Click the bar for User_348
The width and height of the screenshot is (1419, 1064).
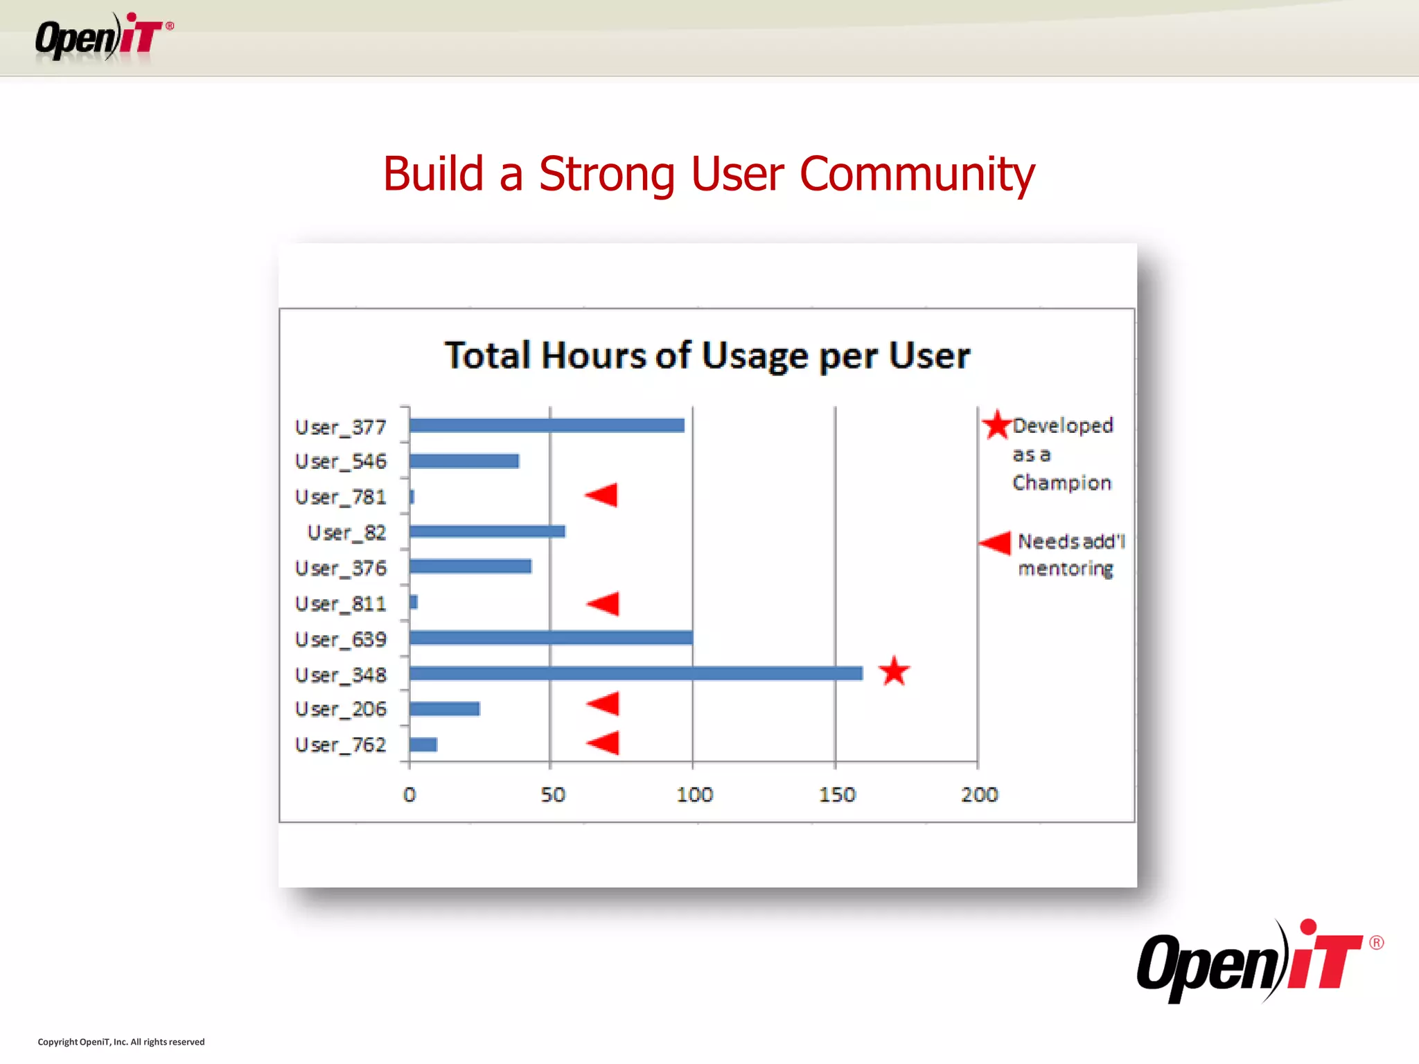coord(635,673)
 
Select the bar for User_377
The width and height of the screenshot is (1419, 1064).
coord(547,425)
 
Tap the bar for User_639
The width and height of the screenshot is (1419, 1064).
coord(551,637)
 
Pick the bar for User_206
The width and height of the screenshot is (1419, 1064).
coord(444,709)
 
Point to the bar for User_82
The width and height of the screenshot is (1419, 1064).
coord(487,531)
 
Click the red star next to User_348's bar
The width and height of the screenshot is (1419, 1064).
coord(894,671)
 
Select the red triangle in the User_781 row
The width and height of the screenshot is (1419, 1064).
coord(602,495)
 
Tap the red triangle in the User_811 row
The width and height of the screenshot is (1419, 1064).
coord(603,603)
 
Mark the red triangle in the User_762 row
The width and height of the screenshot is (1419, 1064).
coord(603,743)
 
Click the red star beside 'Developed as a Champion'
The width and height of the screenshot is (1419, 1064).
coord(997,425)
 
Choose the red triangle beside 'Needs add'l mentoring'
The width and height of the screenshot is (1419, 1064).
coord(996,542)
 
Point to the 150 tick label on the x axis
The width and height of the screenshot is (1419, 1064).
coord(837,795)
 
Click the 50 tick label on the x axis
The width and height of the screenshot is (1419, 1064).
coord(553,795)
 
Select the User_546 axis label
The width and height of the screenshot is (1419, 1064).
coord(341,461)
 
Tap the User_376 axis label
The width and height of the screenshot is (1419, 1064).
coord(341,568)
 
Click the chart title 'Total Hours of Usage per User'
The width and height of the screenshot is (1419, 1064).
coord(707,355)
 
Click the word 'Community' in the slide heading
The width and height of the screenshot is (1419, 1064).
coord(917,174)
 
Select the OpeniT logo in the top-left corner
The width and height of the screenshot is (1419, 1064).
coord(104,37)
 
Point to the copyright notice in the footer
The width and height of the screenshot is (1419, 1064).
coord(121,1042)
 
